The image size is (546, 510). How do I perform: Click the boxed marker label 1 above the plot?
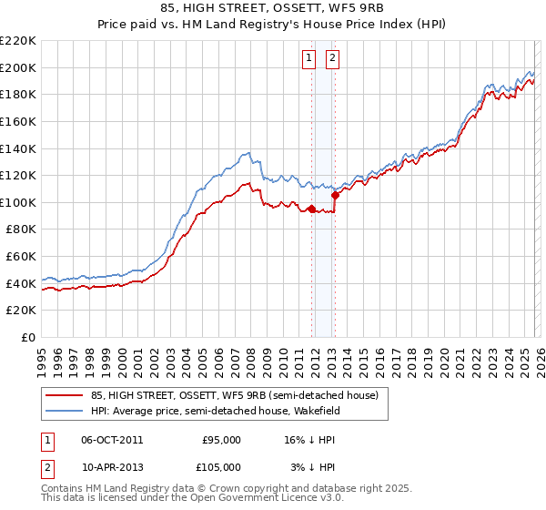coord(310,58)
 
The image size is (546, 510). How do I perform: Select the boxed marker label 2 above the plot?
coord(332,58)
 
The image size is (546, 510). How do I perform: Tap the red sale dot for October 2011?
coord(311,209)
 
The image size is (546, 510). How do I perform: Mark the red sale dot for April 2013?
coord(335,195)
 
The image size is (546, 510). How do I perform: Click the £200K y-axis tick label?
coord(19,67)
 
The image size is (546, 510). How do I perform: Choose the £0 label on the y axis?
coord(26,338)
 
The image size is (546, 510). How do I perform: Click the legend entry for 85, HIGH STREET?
coord(227,394)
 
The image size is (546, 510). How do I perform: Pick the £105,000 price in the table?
coord(221,467)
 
